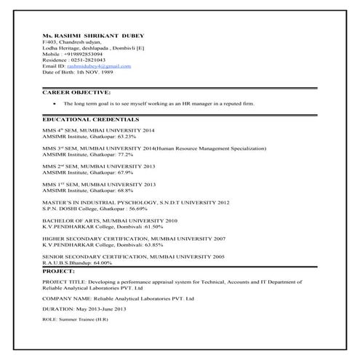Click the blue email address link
[x=101, y=66]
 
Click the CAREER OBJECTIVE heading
[x=76, y=92]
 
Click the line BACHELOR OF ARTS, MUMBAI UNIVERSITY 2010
[x=110, y=220]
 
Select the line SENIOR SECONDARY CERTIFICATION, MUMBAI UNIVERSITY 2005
[x=133, y=257]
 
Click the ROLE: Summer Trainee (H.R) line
[x=75, y=319]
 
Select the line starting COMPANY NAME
[x=118, y=298]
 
